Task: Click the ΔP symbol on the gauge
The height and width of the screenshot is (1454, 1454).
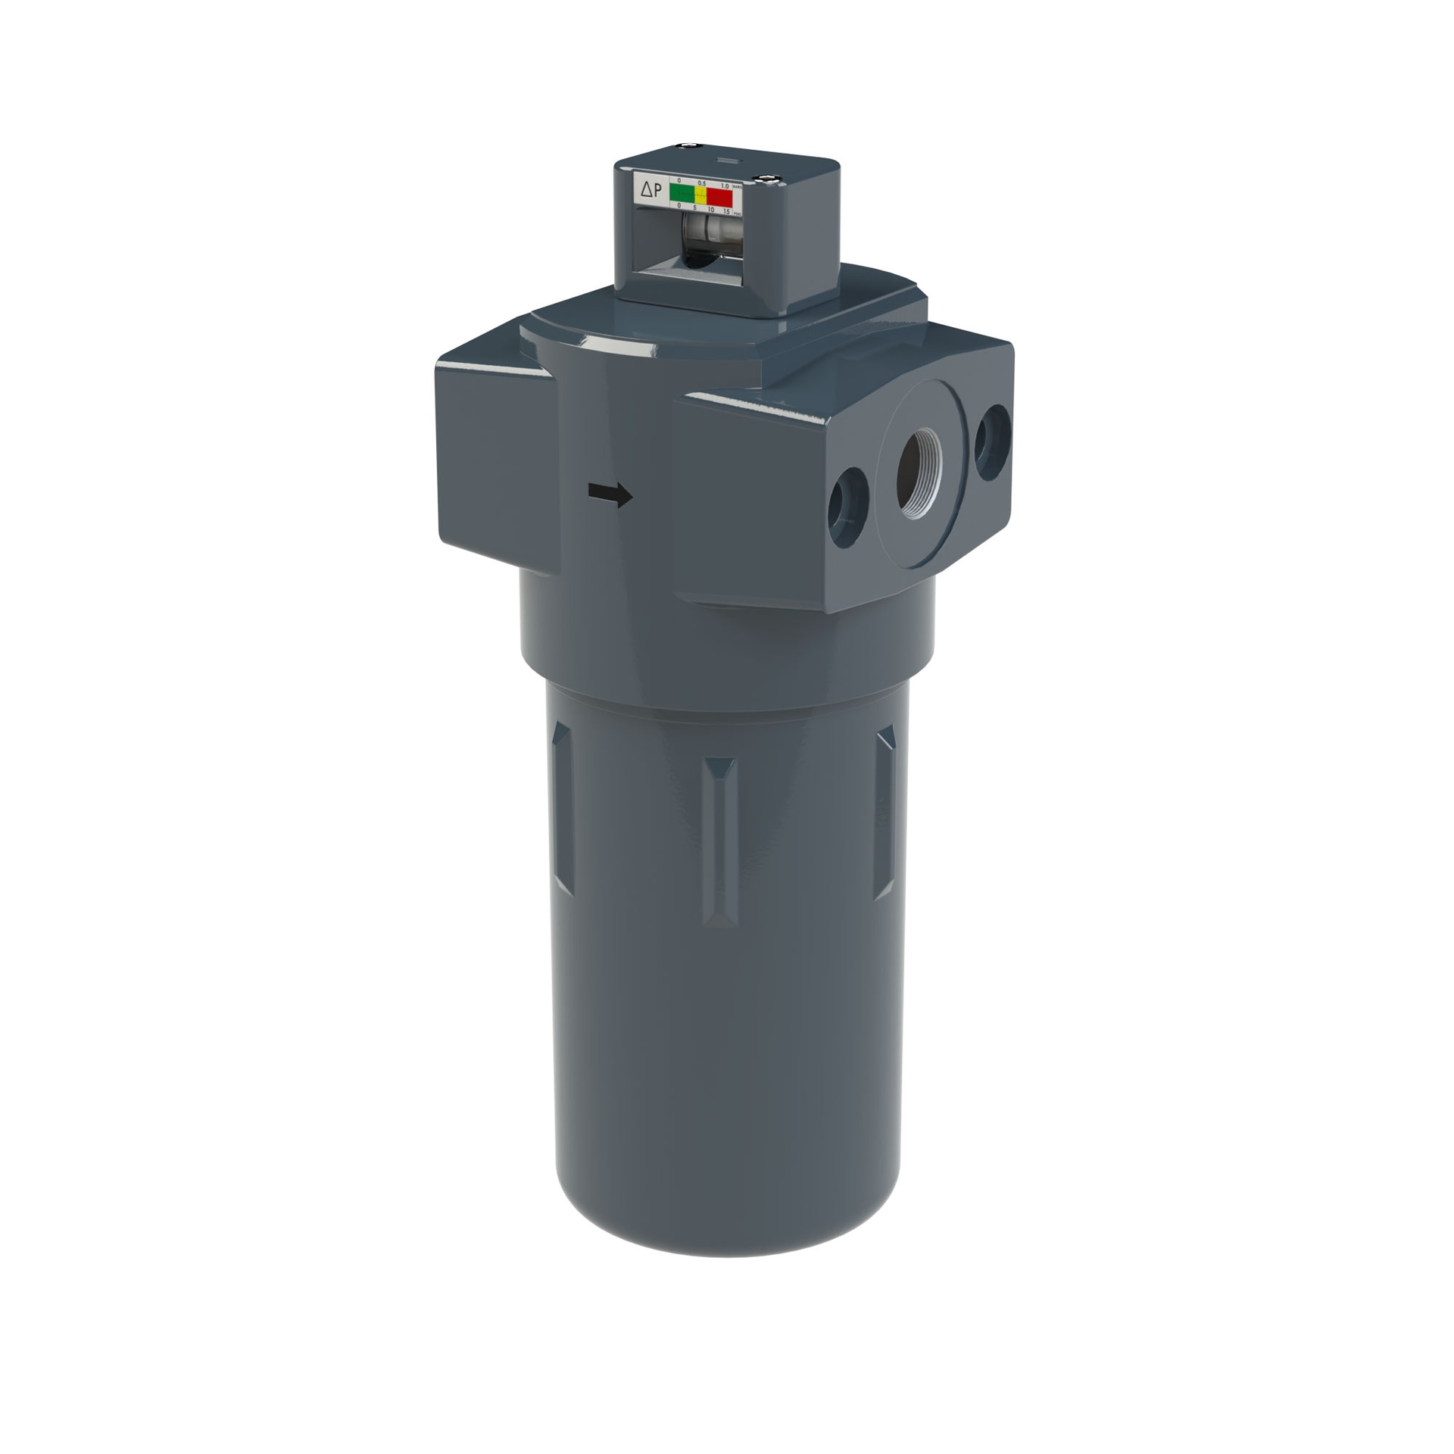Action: [651, 191]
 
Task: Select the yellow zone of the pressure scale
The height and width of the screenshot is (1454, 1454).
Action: [701, 195]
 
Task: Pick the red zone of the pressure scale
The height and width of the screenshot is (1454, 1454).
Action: [720, 195]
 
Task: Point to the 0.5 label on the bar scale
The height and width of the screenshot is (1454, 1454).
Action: [702, 183]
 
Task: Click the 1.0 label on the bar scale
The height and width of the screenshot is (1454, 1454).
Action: [724, 185]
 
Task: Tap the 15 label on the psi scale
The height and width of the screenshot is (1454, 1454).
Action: [726, 211]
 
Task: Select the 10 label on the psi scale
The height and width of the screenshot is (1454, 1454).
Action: [710, 209]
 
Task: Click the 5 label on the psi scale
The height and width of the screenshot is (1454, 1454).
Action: [694, 207]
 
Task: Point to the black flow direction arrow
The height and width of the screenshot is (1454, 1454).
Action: [610, 495]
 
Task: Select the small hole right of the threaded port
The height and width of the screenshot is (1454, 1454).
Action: [992, 442]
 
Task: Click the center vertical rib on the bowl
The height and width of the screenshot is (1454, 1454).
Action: [719, 841]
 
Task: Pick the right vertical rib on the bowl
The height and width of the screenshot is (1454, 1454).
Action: [884, 811]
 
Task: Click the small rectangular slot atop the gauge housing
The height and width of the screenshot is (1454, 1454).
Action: [725, 160]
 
